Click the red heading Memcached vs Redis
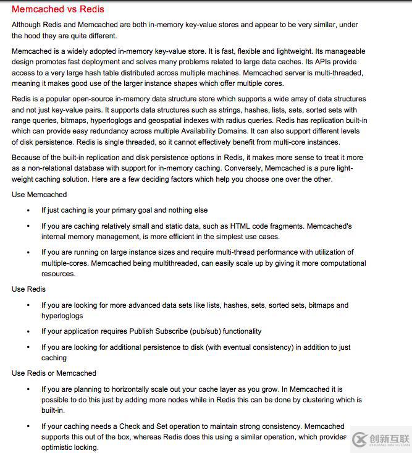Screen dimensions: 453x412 [58, 9]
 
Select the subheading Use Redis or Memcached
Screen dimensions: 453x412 [54, 373]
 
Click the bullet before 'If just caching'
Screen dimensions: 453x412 [28, 211]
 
